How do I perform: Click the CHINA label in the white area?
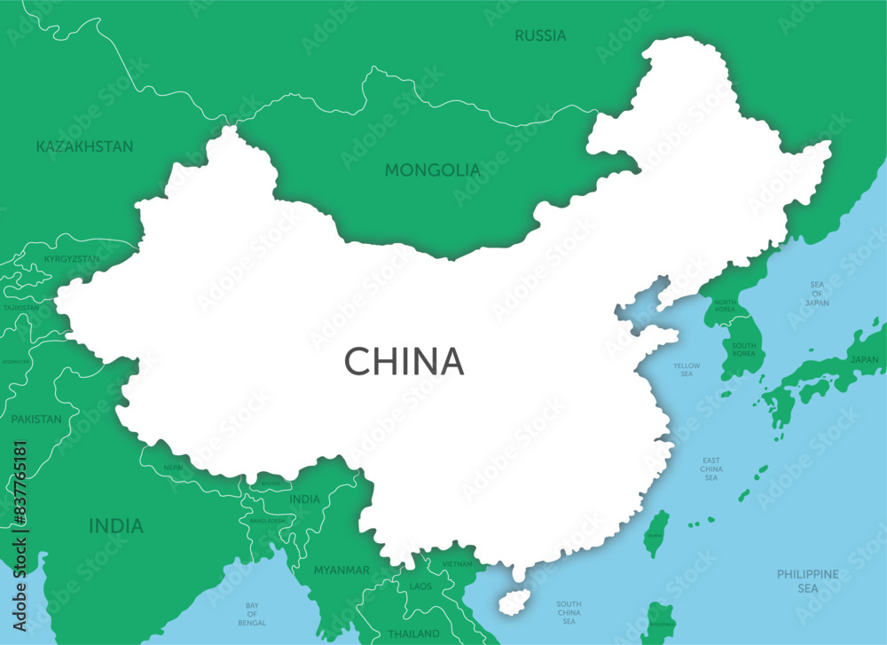404,361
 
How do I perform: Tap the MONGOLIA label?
433,169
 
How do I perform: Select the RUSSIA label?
540,35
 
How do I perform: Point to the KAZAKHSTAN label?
84,146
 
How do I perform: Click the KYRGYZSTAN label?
72,259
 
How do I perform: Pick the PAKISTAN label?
36,419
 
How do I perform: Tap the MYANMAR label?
341,570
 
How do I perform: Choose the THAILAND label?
413,633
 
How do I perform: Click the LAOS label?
420,586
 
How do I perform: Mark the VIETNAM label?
458,564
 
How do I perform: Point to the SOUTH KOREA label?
743,349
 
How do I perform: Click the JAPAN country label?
864,359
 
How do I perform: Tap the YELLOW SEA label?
687,370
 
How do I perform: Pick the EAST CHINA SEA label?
711,468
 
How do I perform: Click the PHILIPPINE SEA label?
807,581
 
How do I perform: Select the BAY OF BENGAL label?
252,613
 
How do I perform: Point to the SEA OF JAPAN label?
817,294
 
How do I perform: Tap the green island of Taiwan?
656,533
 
